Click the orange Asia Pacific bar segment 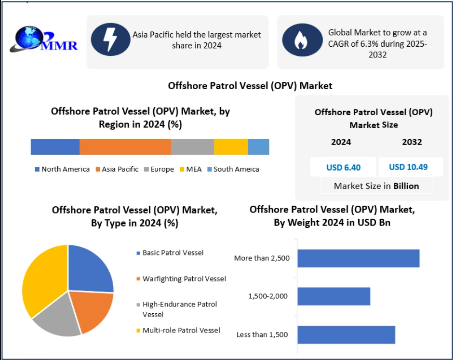(x=125, y=147)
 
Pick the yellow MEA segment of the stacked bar (x=231, y=147)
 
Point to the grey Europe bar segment (x=192, y=147)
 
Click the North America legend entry (x=62, y=169)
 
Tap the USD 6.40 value (x=344, y=167)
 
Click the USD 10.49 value (x=409, y=167)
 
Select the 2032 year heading (x=412, y=142)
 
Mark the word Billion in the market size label (x=406, y=186)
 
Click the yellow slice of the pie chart (x=41, y=280)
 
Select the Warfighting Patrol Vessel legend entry (x=184, y=279)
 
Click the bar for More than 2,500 (x=358, y=258)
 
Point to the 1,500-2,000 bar (x=334, y=296)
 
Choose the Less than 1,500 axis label (x=262, y=335)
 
